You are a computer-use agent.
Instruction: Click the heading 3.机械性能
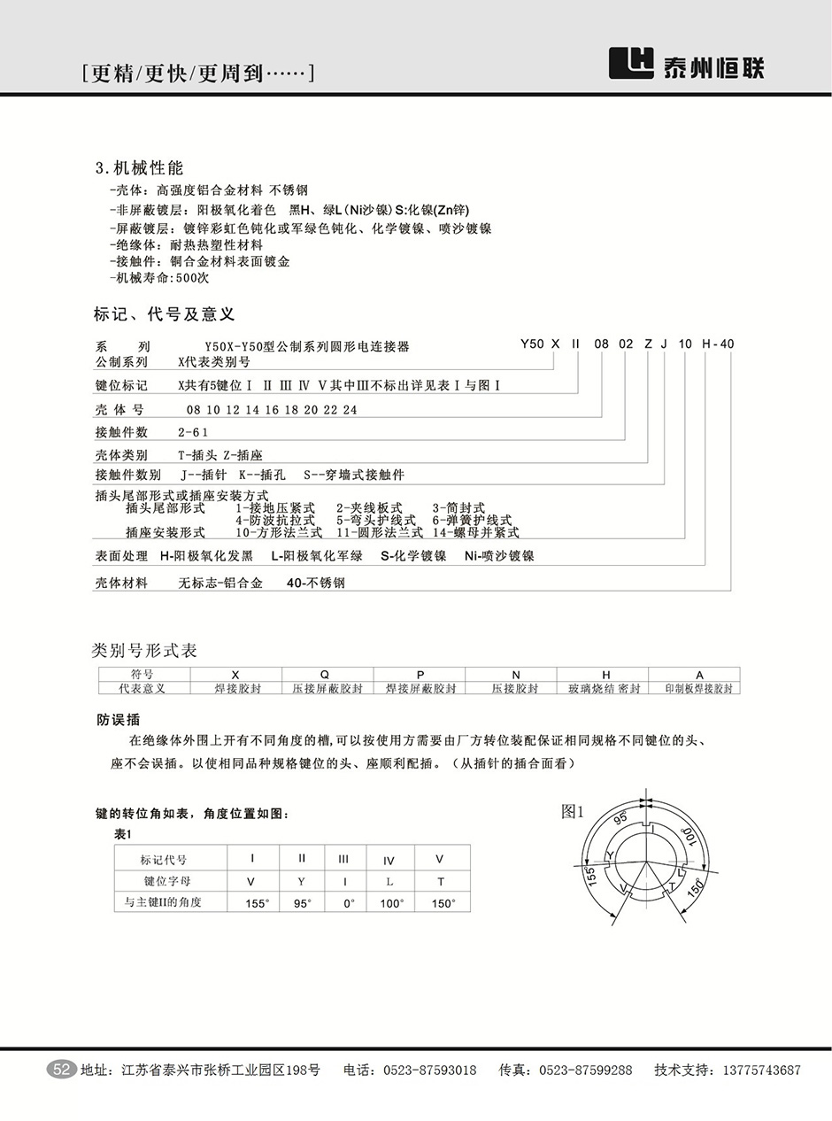tap(139, 168)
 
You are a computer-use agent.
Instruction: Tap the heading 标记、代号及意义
tap(164, 314)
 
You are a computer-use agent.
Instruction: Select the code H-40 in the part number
tap(718, 344)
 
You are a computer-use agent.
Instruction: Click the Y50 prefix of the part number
tap(531, 344)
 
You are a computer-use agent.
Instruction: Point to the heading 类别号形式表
tap(145, 651)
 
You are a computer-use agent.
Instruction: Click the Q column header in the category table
tap(327, 675)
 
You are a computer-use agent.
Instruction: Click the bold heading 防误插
tap(118, 719)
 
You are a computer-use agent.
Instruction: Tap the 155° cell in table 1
tap(256, 903)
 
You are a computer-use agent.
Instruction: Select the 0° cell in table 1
tap(349, 903)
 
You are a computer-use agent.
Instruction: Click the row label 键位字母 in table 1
tap(167, 882)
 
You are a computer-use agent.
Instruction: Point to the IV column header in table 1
tap(389, 860)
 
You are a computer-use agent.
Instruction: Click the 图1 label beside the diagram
tap(574, 811)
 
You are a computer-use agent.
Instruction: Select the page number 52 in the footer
tap(62, 1070)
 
